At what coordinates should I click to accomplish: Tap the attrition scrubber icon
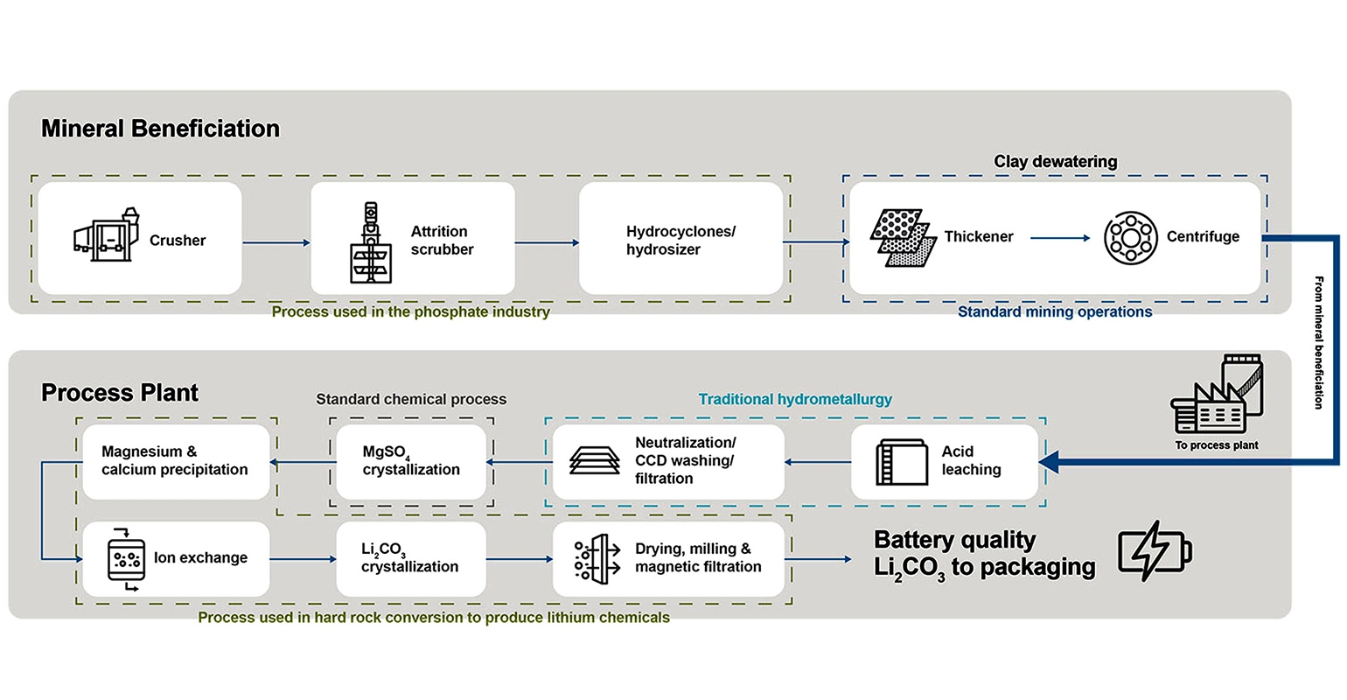click(371, 242)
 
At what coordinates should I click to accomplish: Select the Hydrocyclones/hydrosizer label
click(680, 241)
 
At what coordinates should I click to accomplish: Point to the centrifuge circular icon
click(1130, 237)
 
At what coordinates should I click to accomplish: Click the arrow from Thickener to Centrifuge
click(1060, 238)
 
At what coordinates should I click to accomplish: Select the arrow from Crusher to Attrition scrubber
click(276, 242)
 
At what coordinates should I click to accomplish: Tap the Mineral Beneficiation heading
click(160, 129)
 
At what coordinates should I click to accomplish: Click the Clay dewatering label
click(1055, 162)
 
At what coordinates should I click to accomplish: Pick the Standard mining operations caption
click(1055, 312)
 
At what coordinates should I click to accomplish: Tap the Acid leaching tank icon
click(902, 462)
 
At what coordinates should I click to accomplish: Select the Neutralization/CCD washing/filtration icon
click(595, 461)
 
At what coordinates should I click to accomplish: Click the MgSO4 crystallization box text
click(411, 461)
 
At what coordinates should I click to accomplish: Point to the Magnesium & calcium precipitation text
click(174, 461)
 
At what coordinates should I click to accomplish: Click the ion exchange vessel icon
click(126, 558)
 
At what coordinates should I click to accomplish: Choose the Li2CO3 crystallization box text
click(409, 558)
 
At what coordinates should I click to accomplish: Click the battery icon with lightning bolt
click(1155, 552)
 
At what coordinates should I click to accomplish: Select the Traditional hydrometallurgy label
click(795, 400)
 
